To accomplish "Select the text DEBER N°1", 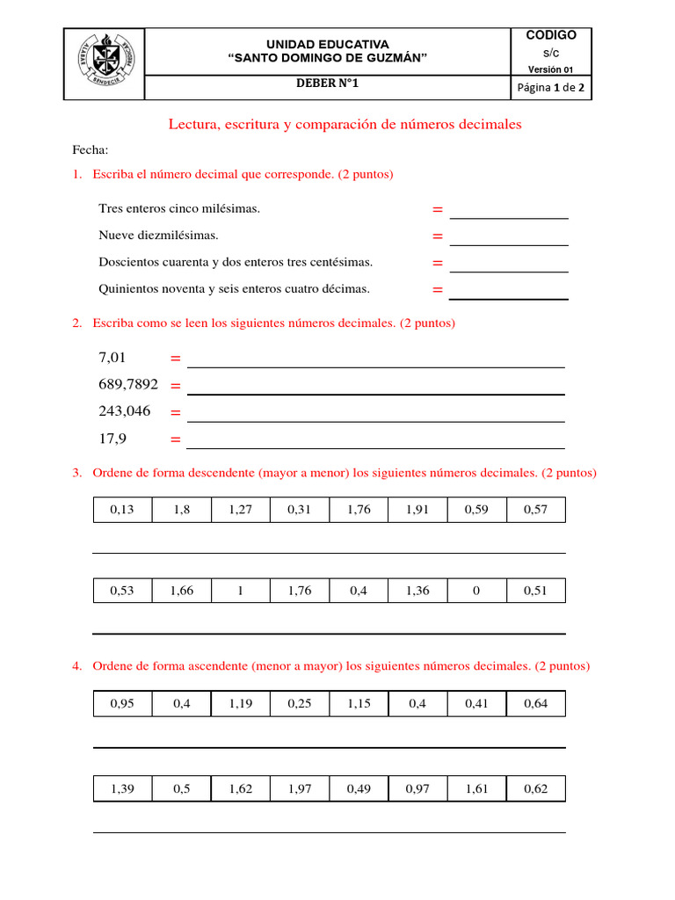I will [x=327, y=84].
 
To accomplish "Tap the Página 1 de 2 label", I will [x=552, y=87].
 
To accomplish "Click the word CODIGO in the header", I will [x=551, y=35].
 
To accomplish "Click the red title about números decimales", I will [x=345, y=125].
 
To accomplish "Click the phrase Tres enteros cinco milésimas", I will [x=179, y=208].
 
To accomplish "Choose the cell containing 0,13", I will [x=122, y=510].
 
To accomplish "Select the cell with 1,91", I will [x=417, y=510].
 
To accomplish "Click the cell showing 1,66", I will [x=181, y=591].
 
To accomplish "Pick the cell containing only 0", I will [x=476, y=591].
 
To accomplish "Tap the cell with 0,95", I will [x=122, y=703].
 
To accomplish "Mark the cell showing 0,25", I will [x=299, y=703].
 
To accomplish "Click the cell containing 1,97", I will [x=299, y=789].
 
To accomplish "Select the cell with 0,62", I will [x=535, y=789].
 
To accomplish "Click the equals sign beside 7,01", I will [x=175, y=359].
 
